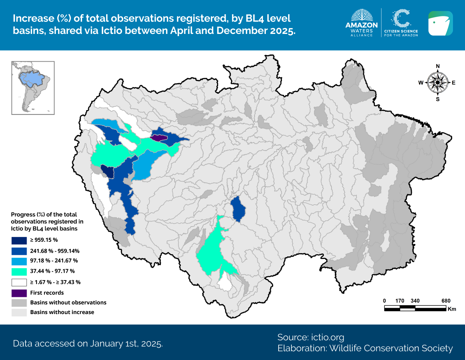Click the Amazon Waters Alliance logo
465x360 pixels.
click(361, 23)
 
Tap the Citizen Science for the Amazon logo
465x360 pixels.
click(401, 23)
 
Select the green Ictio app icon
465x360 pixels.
click(440, 23)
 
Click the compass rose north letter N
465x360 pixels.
click(438, 66)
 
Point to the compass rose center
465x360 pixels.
click(438, 83)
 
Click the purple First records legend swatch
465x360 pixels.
click(19, 293)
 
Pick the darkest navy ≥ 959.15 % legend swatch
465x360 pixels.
click(19, 240)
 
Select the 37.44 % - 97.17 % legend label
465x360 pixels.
click(52, 271)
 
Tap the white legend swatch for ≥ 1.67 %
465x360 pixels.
click(19, 282)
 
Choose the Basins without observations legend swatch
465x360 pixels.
click(19, 303)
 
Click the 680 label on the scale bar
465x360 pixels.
click(446, 301)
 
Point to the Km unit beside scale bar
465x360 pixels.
click(452, 309)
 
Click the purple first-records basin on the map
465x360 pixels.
click(159, 138)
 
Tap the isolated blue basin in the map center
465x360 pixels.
click(238, 209)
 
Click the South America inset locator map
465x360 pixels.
click(33, 88)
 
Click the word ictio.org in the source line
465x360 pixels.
click(328, 337)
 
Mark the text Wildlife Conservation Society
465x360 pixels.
click(391, 348)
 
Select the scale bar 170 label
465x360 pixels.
click(400, 301)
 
